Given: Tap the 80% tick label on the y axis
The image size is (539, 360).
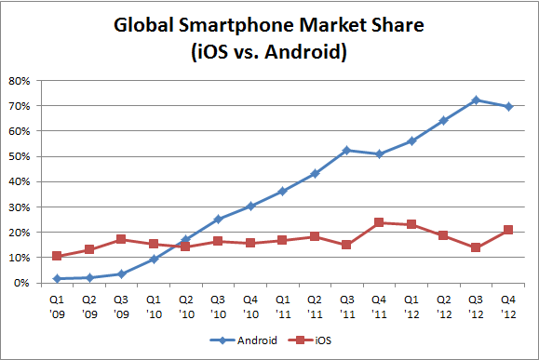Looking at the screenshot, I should pos(21,80).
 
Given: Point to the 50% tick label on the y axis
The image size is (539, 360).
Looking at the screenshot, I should pos(21,156).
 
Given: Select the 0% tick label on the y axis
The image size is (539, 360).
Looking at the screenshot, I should pos(24,283).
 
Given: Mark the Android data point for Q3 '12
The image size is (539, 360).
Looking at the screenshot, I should pos(477,100).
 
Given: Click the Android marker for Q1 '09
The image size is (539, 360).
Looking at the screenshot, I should pos(58,278).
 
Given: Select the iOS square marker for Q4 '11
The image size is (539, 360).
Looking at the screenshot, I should pos(380,222).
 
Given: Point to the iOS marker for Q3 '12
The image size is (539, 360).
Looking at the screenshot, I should pos(477,247).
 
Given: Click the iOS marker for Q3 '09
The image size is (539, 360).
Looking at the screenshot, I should pos(122,239).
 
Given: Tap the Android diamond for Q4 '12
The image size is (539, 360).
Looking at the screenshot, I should pos(509,106).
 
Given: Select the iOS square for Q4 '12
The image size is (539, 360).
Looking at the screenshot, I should pos(509,230).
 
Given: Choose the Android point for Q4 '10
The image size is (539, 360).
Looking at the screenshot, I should pos(251,206).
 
